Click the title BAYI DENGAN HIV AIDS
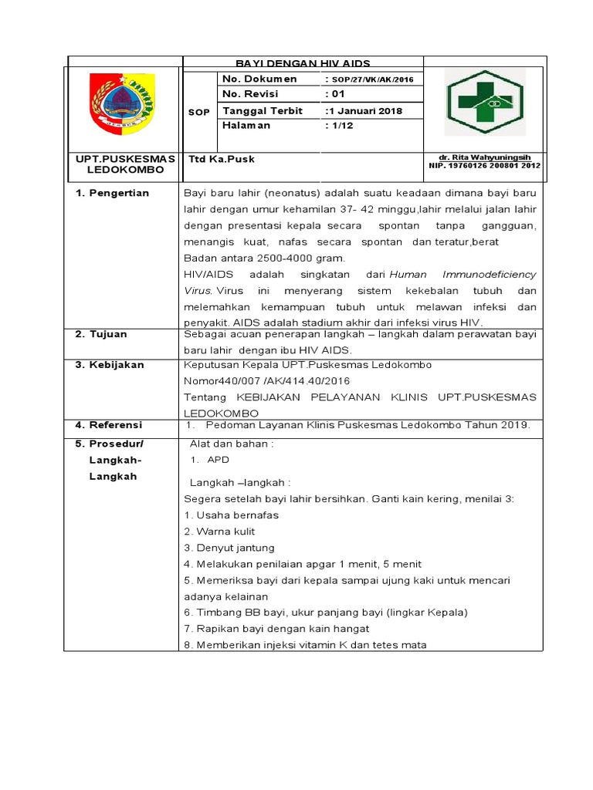tap(302, 63)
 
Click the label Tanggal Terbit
tap(258, 110)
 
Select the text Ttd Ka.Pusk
tap(222, 159)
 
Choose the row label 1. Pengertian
tap(112, 193)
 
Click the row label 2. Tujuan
tap(101, 334)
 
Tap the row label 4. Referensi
tap(109, 425)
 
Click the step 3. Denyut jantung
tap(229, 548)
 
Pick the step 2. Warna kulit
tap(219, 532)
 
